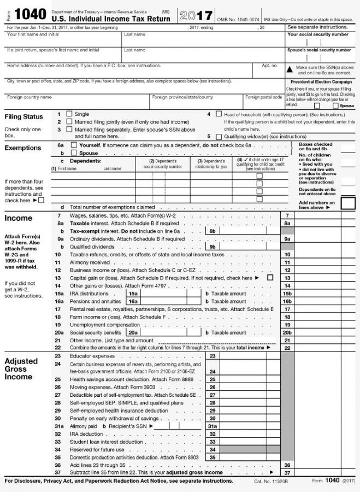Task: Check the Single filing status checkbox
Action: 69,114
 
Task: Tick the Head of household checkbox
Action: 219,114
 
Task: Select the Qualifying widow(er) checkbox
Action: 219,137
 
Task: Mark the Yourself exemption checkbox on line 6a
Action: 74,146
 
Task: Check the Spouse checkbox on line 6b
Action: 74,154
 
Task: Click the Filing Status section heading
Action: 23,117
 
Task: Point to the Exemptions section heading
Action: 22,148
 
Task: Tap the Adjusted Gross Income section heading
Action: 21,369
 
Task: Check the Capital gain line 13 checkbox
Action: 270,278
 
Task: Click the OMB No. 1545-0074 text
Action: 239,19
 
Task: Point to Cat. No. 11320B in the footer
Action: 270,481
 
